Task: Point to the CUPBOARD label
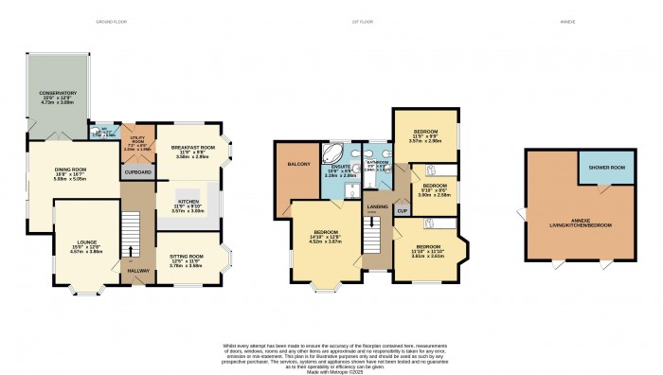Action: point(137,172)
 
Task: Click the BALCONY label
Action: point(296,165)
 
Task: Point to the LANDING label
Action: point(377,205)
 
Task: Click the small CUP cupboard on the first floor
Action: point(403,210)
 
